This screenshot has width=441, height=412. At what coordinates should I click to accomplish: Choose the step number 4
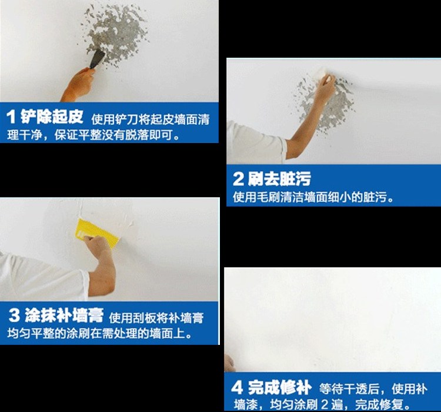(x=236, y=388)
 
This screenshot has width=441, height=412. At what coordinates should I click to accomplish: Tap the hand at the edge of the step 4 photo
(x=229, y=362)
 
